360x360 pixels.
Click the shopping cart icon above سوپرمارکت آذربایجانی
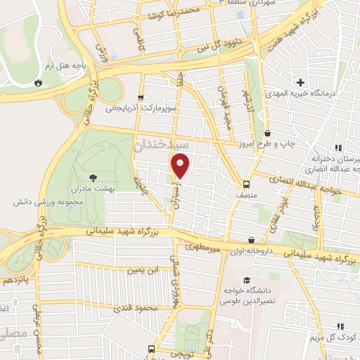point(141,98)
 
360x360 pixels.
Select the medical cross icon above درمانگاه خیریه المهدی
point(300,83)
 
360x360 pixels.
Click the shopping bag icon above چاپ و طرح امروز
point(267,132)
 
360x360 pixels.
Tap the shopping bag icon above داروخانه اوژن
point(252,240)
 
